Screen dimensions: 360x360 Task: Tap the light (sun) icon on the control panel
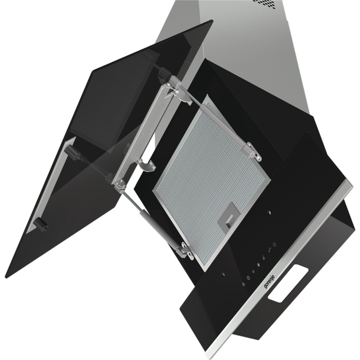(243, 284)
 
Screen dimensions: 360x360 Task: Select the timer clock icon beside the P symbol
(274, 245)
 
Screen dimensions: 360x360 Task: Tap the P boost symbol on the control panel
(270, 251)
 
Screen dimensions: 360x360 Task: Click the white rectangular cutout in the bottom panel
(288, 283)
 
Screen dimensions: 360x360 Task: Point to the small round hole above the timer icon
(269, 212)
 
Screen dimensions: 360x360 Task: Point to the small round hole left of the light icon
(223, 274)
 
